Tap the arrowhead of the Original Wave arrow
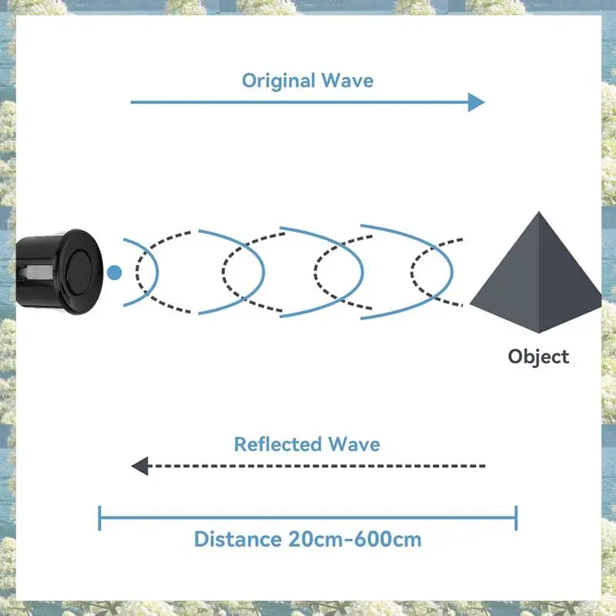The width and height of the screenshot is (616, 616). click(476, 102)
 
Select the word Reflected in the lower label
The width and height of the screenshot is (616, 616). click(278, 444)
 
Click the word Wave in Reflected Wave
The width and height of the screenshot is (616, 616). click(353, 444)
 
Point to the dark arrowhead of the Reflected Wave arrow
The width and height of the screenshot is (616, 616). click(140, 466)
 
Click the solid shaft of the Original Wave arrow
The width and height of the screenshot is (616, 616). click(300, 102)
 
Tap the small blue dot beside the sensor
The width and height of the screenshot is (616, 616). click(115, 272)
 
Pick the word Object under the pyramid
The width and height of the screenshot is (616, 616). click(538, 357)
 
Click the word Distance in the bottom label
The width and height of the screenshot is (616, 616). click(237, 538)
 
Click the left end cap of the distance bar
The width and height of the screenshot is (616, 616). click(100, 517)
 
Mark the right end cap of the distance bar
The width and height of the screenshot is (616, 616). click(516, 517)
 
